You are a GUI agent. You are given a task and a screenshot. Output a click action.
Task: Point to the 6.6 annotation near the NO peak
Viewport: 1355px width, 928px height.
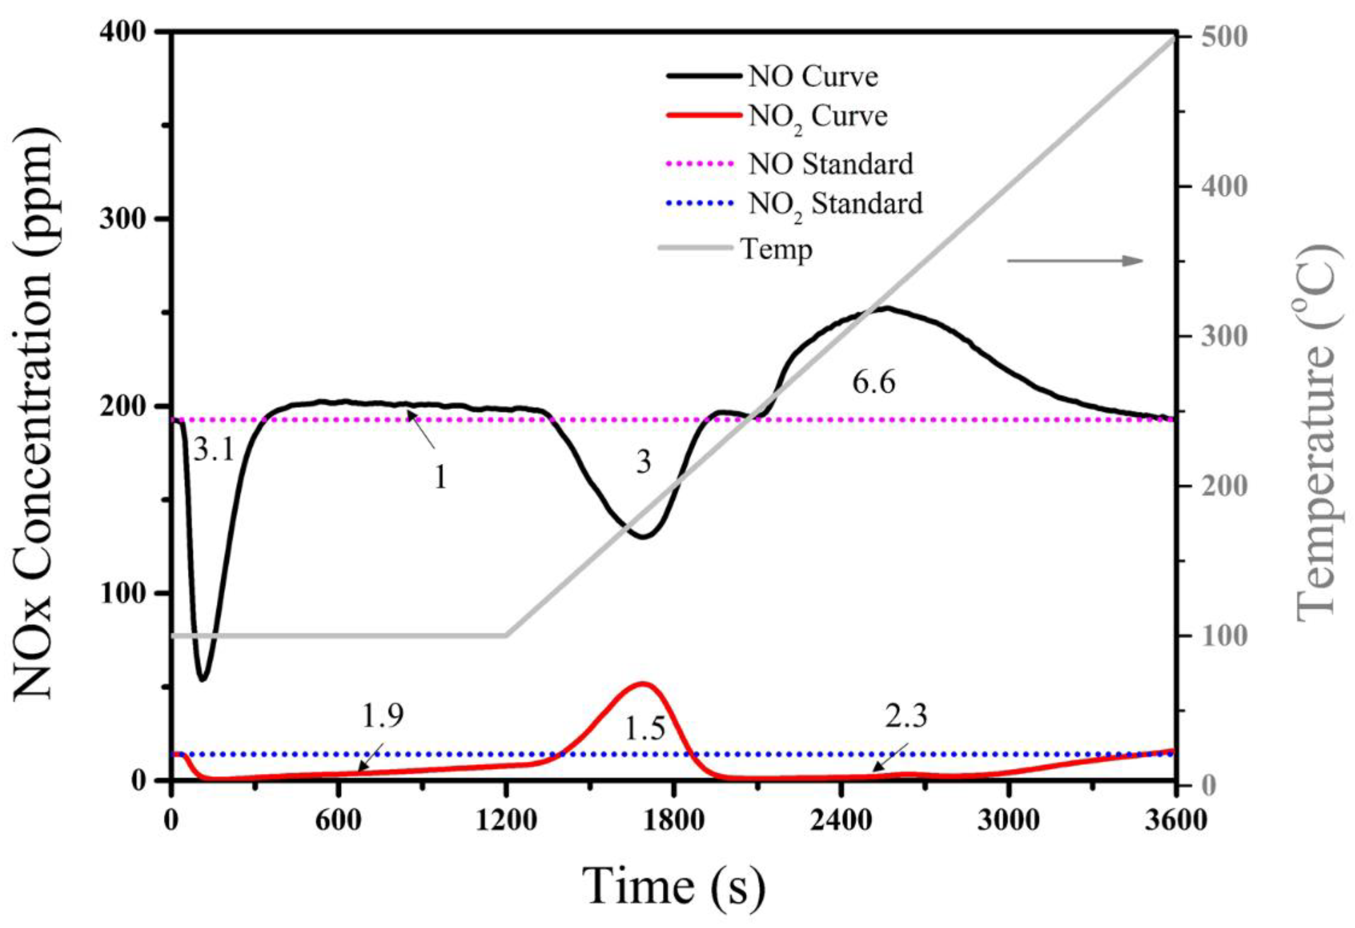tap(873, 383)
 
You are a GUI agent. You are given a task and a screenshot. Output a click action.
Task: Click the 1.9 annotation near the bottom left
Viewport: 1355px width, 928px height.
tap(382, 716)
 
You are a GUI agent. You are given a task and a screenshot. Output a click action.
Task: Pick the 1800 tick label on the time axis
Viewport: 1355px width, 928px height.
tap(674, 821)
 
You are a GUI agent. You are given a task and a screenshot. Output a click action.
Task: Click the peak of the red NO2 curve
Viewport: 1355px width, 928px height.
tap(642, 684)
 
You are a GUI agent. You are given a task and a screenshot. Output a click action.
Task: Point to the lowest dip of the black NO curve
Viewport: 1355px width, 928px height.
tap(202, 679)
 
